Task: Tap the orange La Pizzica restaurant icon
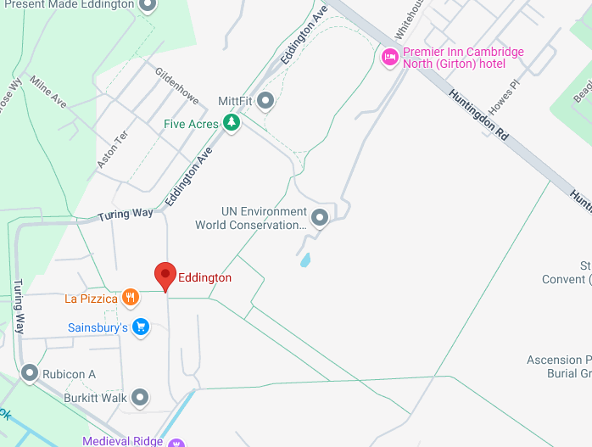tap(130, 298)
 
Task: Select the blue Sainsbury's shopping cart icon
tap(141, 327)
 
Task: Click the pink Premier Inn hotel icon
tap(389, 57)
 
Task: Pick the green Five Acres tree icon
tap(232, 124)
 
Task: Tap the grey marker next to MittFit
tap(265, 102)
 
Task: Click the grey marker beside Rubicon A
tap(31, 373)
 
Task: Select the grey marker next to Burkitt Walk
tap(140, 397)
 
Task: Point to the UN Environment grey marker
tap(320, 218)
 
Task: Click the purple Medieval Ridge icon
tap(176, 442)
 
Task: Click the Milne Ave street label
tap(48, 92)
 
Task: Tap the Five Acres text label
tap(191, 125)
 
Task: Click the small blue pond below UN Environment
tap(305, 260)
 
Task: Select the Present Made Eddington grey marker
tap(148, 5)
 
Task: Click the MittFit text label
tap(235, 102)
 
